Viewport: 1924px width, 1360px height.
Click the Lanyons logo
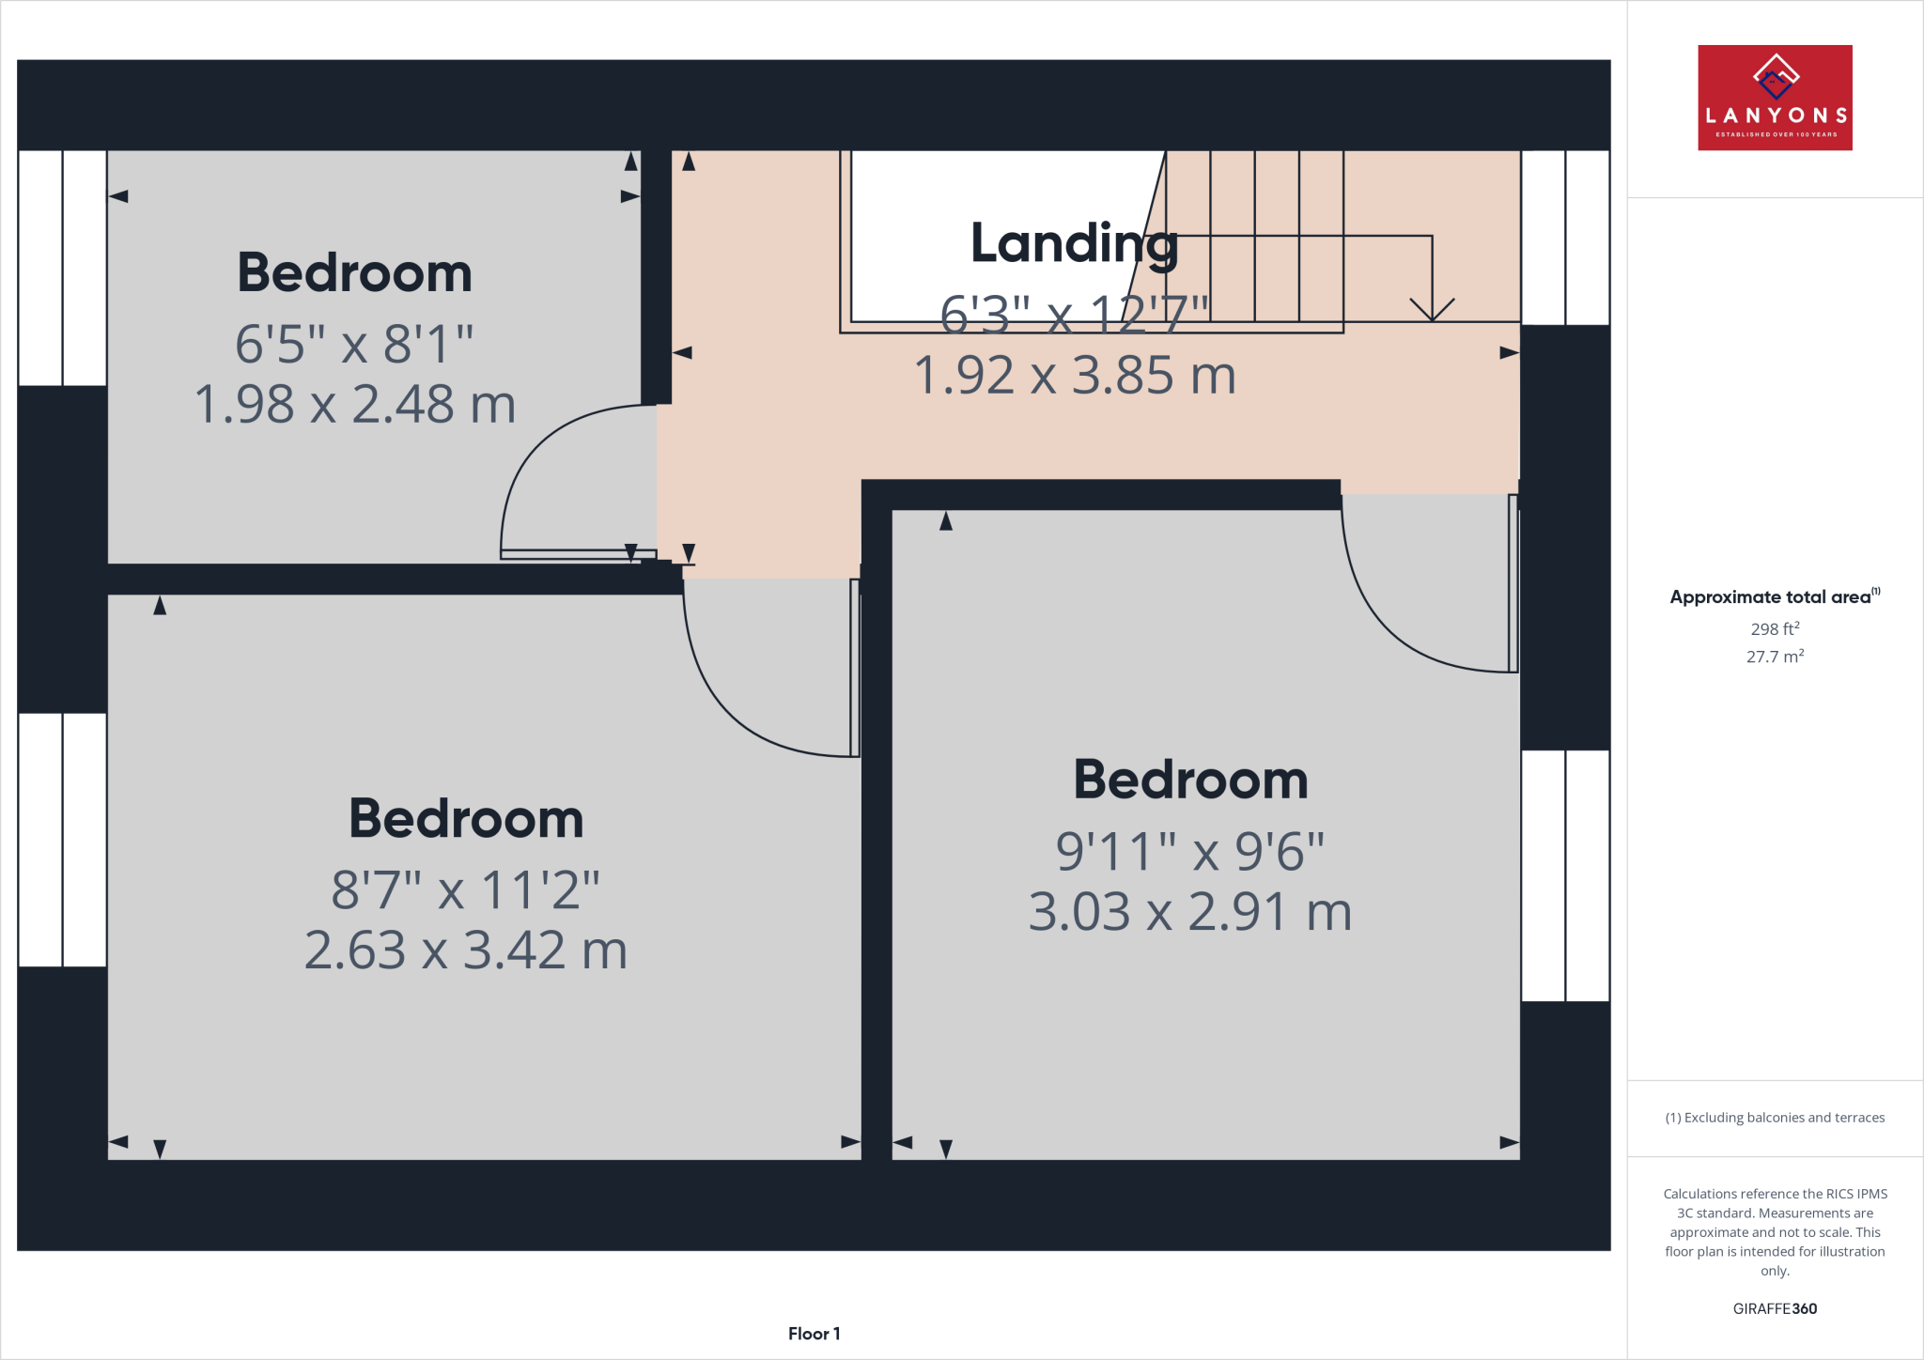pyautogui.click(x=1775, y=98)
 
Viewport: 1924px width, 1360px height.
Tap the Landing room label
pyautogui.click(x=1074, y=243)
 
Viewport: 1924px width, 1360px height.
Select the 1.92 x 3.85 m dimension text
pyautogui.click(x=1074, y=376)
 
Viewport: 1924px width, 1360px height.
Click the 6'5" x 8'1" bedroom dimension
pyautogui.click(x=354, y=344)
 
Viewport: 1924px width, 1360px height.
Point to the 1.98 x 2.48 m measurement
pyautogui.click(x=354, y=405)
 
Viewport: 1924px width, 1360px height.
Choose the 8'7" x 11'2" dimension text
pyautogui.click(x=465, y=890)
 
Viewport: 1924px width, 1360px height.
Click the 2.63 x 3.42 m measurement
pyautogui.click(x=465, y=950)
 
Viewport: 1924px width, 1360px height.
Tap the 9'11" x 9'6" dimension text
pyautogui.click(x=1189, y=852)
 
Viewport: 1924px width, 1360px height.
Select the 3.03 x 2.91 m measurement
pyautogui.click(x=1189, y=912)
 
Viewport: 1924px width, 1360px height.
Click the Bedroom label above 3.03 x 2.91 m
pyautogui.click(x=1190, y=780)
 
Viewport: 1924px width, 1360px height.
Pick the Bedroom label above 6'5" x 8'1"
pyautogui.click(x=354, y=273)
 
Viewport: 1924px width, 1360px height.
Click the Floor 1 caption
pyautogui.click(x=814, y=1334)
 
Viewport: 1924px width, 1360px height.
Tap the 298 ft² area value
pyautogui.click(x=1775, y=629)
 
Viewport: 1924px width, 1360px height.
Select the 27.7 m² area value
pyautogui.click(x=1775, y=657)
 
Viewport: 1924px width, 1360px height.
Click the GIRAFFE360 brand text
pyautogui.click(x=1775, y=1308)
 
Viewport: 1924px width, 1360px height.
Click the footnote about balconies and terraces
pyautogui.click(x=1775, y=1118)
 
